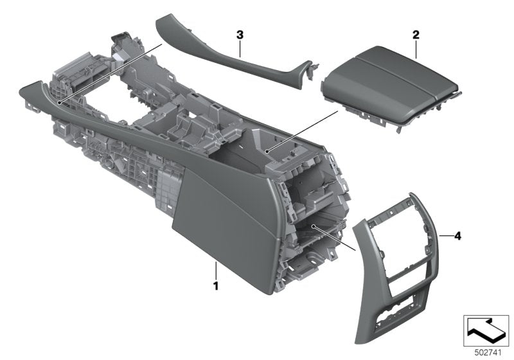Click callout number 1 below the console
(216, 283)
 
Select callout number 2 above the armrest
(416, 34)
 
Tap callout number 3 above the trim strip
(240, 34)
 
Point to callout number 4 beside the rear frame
(457, 237)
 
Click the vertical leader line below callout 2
(416, 51)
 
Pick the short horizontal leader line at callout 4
(445, 237)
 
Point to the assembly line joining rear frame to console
(334, 238)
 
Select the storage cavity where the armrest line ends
(257, 151)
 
